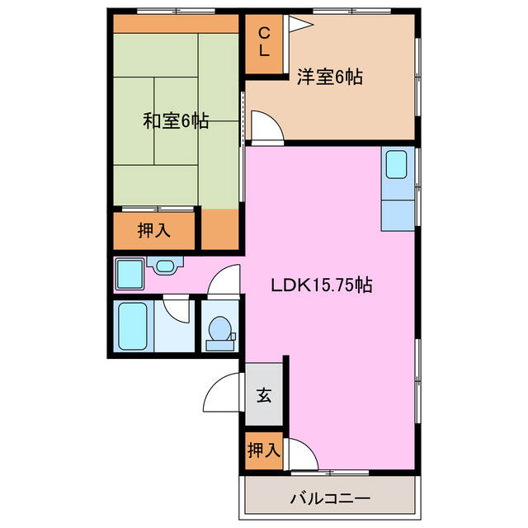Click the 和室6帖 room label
pos(176,121)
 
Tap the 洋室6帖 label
pos(330,78)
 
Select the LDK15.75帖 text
pos(322,286)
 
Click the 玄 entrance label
pos(263,396)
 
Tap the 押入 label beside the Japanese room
pos(154,230)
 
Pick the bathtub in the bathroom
pos(132,327)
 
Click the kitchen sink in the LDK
pos(397,165)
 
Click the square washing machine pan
pos(130,273)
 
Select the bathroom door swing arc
pos(177,309)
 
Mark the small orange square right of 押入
pos(219,230)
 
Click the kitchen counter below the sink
pos(398,212)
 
